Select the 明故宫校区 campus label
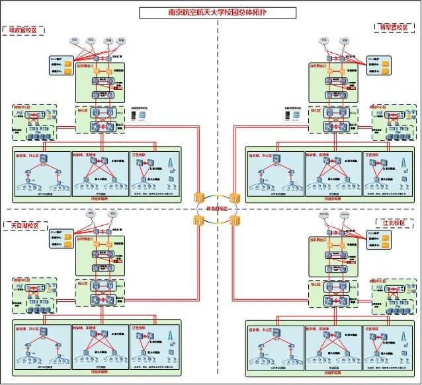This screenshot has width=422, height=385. coord(24,30)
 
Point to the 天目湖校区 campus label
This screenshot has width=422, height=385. coord(24,226)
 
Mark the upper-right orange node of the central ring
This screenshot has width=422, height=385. coord(233,198)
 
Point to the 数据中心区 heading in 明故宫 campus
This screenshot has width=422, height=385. coord(22,106)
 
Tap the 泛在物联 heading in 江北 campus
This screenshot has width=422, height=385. coord(372,328)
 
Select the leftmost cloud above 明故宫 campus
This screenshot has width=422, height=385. coord(74,40)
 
